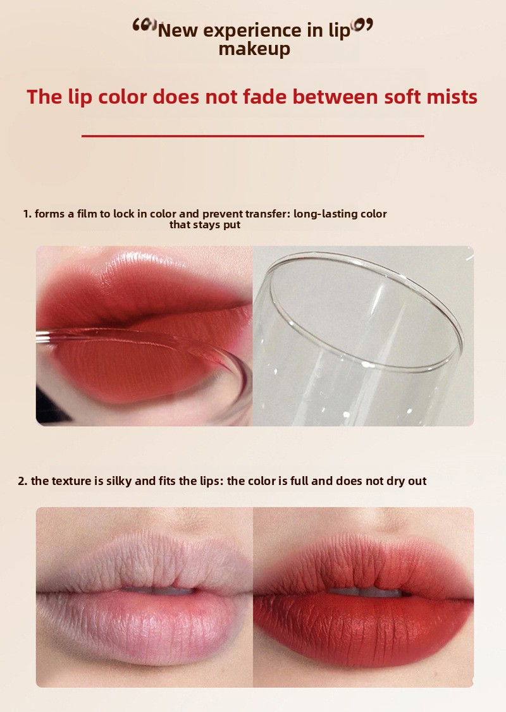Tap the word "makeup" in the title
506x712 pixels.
tap(254, 49)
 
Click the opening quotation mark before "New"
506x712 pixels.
tap(144, 25)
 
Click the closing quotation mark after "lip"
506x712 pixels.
tap(362, 25)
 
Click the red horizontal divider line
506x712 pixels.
tap(252, 135)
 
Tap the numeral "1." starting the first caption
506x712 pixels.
tap(27, 214)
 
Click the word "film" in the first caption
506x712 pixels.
tap(87, 214)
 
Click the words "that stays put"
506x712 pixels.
tap(205, 224)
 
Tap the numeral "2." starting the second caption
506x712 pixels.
tap(23, 481)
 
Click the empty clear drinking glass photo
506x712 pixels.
tap(363, 336)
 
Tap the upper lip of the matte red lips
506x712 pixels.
tap(364, 568)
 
